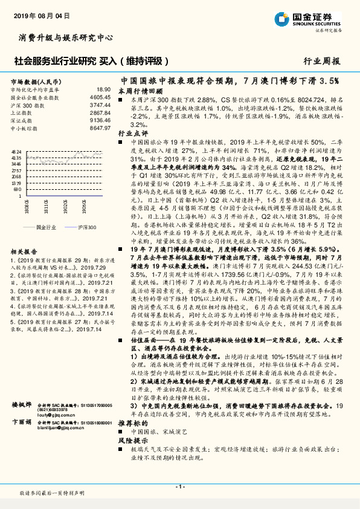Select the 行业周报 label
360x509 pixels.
[322, 61]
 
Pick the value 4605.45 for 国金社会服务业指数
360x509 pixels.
[100, 97]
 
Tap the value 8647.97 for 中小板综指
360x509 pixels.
[100, 128]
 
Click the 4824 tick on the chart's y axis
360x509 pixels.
[16, 152]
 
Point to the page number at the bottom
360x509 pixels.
[179, 487]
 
